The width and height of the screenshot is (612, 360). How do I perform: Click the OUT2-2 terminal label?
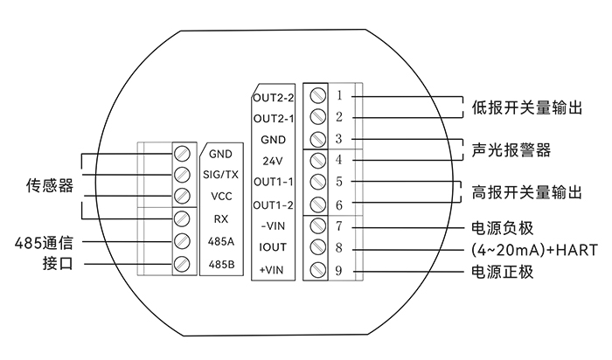pos(273,98)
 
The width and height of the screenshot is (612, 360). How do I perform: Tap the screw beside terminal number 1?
pos(317,95)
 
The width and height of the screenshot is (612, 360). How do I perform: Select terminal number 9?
pos(338,271)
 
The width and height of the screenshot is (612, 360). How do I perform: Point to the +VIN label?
pos(272,270)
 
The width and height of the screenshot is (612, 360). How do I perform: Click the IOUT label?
pos(273,247)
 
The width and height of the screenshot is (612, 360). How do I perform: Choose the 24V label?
pos(273,161)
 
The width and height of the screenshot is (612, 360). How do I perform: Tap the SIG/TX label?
pos(220,175)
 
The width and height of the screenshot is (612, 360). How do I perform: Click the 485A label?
pos(221,242)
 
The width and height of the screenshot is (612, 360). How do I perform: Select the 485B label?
pos(221,265)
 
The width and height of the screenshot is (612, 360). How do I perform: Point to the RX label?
pos(221,219)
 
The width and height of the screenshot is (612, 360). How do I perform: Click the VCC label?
pos(221,197)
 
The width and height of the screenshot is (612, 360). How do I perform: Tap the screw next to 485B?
pos(182,264)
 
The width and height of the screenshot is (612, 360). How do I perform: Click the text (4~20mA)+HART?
pos(534,250)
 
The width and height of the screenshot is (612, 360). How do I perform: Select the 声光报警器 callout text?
pos(511,150)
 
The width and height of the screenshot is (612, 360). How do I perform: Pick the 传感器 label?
pos(50,185)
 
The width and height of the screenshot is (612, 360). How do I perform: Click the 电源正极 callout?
pos(503,272)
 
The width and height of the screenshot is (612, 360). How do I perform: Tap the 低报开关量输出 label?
pos(527,107)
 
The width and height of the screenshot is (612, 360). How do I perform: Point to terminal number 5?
pos(339,182)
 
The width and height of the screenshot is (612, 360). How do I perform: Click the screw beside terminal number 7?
pos(317,225)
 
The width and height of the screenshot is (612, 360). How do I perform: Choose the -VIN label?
pos(273,225)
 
